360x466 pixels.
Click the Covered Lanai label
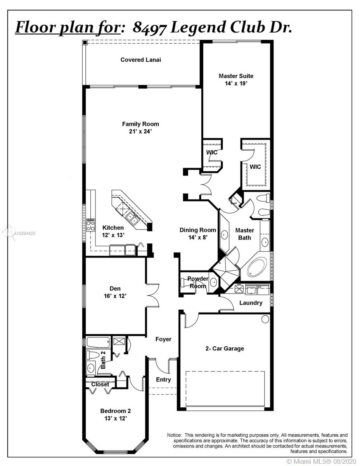(x=140, y=60)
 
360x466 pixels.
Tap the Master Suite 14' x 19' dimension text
(x=236, y=83)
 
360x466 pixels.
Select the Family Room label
(x=140, y=124)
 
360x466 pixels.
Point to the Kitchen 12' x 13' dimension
(x=113, y=235)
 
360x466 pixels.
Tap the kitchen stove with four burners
(x=91, y=225)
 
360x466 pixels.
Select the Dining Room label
(x=198, y=230)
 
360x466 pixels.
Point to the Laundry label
(x=251, y=303)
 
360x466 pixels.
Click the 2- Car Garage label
(x=225, y=348)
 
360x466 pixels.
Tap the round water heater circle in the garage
(x=265, y=319)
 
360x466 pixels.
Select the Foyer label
(x=163, y=339)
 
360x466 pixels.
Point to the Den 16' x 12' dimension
(x=115, y=296)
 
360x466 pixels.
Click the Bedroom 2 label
(x=116, y=411)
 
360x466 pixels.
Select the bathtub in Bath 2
(x=98, y=342)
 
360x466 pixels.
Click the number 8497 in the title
(x=149, y=28)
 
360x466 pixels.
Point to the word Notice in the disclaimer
(x=174, y=435)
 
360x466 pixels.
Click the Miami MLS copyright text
(x=321, y=461)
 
